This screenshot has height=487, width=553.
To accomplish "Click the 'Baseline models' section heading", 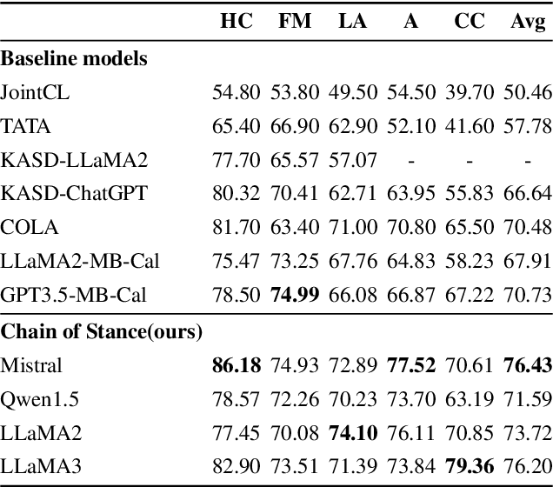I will point(74,59).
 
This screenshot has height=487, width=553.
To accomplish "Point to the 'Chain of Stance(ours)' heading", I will point(101,331).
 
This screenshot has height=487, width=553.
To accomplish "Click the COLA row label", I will point(30,228).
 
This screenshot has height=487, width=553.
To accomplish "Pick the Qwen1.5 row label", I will point(36,398).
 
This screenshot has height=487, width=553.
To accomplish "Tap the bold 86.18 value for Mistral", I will point(237,364).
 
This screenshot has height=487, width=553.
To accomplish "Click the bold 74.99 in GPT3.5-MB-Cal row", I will point(294,296).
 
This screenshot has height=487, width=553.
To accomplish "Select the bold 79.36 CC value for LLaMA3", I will point(470,466).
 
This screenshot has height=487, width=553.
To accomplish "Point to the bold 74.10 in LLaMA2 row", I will point(352,432).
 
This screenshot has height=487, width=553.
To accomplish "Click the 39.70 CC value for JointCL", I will point(470,91).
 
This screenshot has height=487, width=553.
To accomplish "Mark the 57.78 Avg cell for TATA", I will point(528,125).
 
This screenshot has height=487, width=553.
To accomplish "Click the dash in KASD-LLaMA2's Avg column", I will point(528,160).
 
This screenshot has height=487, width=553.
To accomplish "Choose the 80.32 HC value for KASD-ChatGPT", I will point(237,194).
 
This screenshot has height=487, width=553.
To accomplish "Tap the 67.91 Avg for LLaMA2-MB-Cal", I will point(528,262).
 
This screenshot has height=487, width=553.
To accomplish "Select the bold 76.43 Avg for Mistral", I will point(528,364).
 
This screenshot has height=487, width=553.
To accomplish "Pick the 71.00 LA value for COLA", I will point(352,228).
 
